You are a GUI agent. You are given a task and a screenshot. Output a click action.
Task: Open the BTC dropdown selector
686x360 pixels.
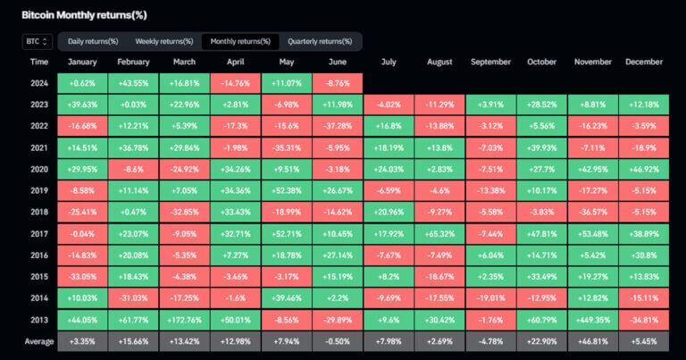click(38, 42)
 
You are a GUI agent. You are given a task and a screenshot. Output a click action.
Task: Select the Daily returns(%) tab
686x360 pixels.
click(92, 42)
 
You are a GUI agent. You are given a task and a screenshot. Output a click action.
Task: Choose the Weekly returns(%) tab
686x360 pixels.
click(164, 42)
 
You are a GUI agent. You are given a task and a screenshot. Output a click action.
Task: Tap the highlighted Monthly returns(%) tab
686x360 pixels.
click(240, 42)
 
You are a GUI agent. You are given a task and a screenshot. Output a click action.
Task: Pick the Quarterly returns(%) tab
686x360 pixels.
click(320, 42)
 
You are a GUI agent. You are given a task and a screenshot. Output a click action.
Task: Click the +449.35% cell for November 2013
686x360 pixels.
click(592, 319)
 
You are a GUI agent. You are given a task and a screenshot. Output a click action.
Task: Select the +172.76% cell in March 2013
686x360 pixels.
click(185, 319)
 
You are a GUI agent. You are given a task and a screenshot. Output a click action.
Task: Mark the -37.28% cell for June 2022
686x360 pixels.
click(338, 125)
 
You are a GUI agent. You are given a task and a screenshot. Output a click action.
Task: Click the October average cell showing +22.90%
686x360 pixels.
click(541, 340)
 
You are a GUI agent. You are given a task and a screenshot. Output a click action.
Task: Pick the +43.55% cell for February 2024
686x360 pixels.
click(133, 83)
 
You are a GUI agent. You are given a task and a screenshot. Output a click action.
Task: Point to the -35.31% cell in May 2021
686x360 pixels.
click(287, 147)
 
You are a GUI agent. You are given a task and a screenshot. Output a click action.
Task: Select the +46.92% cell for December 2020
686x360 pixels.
click(643, 167)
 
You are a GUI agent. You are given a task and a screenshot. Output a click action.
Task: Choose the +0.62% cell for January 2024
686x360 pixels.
click(82, 83)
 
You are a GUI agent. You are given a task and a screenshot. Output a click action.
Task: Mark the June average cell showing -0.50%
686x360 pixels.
click(338, 340)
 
